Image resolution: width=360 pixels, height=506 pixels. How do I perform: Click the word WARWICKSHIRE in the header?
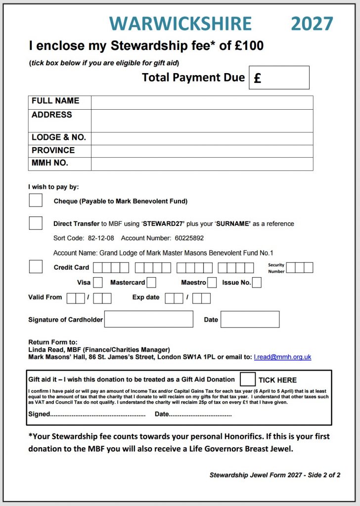180,23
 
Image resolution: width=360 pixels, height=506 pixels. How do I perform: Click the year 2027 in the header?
312,23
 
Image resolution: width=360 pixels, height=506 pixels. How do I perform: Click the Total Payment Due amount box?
279,78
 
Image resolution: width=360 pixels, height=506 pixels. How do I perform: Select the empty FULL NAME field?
202,102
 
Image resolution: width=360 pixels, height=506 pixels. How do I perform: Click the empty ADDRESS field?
202,121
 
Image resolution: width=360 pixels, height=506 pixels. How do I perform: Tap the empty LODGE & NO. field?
202,138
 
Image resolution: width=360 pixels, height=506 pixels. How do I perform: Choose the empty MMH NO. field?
202,164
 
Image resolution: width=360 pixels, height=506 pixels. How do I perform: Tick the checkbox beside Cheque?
36,200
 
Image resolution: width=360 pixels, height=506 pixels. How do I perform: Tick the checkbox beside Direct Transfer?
36,223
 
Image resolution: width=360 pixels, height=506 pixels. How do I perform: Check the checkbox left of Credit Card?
36,266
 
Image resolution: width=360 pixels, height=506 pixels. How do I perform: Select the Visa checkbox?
98,283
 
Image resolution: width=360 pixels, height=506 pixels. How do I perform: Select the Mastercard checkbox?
151,283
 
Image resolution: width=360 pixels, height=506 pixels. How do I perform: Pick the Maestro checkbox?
212,283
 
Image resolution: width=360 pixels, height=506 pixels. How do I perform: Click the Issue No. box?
257,283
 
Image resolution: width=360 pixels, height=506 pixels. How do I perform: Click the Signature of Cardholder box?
148,319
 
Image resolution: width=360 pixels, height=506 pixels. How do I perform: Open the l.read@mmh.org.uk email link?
282,357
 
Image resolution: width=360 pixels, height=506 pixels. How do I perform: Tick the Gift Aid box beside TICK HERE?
247,379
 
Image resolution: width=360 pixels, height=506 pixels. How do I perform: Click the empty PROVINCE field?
202,151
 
